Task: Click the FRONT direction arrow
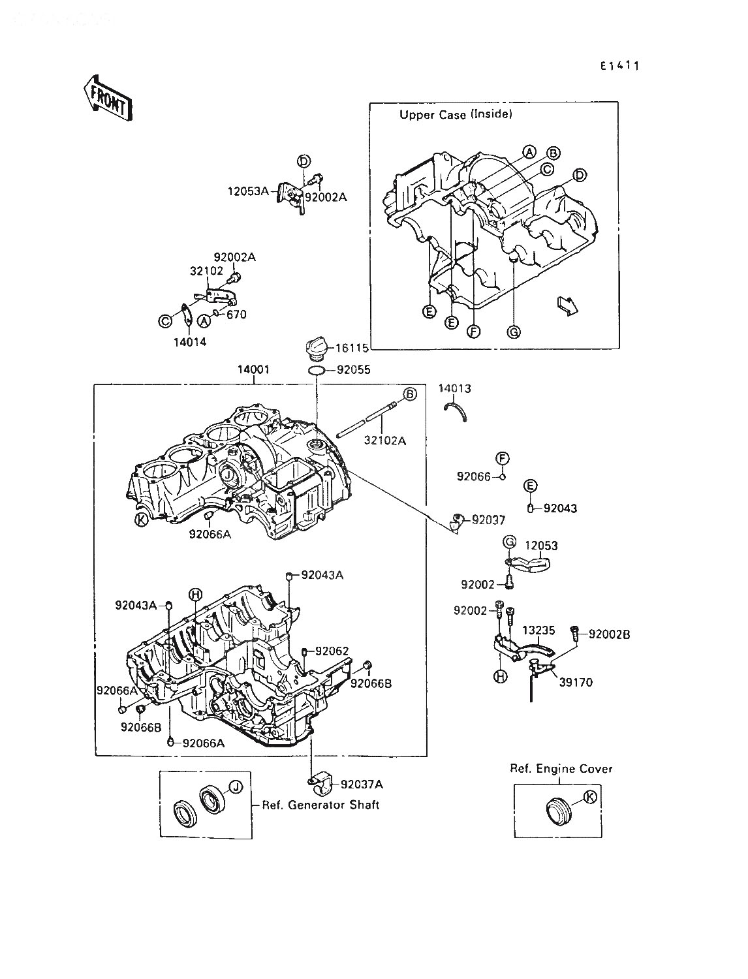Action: pos(108,98)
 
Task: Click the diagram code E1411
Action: pos(619,66)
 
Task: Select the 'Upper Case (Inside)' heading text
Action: pos(456,115)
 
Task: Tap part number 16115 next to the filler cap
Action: pos(352,349)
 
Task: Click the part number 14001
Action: pos(253,370)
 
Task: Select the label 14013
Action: pos(454,388)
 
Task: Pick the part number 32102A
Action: pos(385,441)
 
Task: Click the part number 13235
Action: pos(538,630)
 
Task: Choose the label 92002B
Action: pos(609,634)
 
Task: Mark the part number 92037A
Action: pos(362,785)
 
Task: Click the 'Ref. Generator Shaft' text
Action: pos(320,805)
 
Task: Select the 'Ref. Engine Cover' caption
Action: pos(561,769)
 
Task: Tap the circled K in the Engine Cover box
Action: pos(591,797)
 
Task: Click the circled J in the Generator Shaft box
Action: pos(236,787)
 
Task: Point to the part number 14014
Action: pos(190,342)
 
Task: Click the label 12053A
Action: pos(248,192)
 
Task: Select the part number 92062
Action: pos(332,651)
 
